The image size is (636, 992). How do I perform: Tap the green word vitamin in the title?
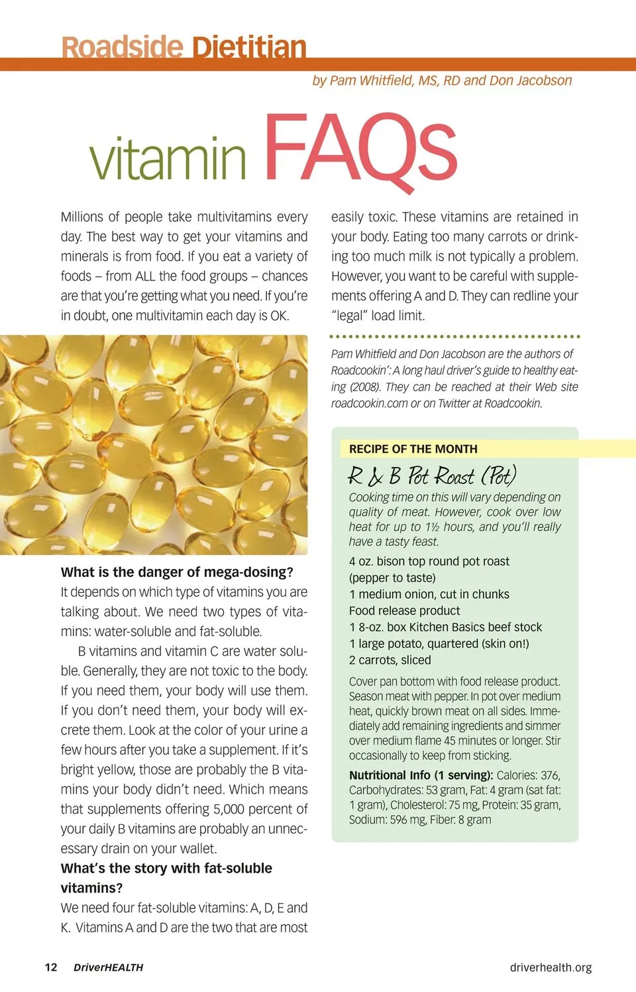point(168,157)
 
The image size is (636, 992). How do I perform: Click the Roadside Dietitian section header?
point(184,48)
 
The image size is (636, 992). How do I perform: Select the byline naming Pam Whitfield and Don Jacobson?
point(442,81)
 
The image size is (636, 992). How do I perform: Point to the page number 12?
point(51,967)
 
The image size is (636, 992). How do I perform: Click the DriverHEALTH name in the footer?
point(108,967)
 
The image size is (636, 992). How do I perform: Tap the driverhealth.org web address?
point(551,967)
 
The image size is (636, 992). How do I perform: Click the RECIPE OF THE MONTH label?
point(413,449)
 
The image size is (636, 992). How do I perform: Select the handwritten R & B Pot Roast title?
point(431,475)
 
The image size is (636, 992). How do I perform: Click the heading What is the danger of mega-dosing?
point(177,572)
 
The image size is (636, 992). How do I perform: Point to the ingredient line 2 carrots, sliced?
point(390,660)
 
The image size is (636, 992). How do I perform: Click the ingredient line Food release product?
point(404,611)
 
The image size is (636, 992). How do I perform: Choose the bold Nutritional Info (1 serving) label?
point(421,775)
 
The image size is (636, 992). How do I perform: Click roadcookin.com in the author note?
point(369,403)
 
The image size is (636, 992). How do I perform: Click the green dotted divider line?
point(454,337)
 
